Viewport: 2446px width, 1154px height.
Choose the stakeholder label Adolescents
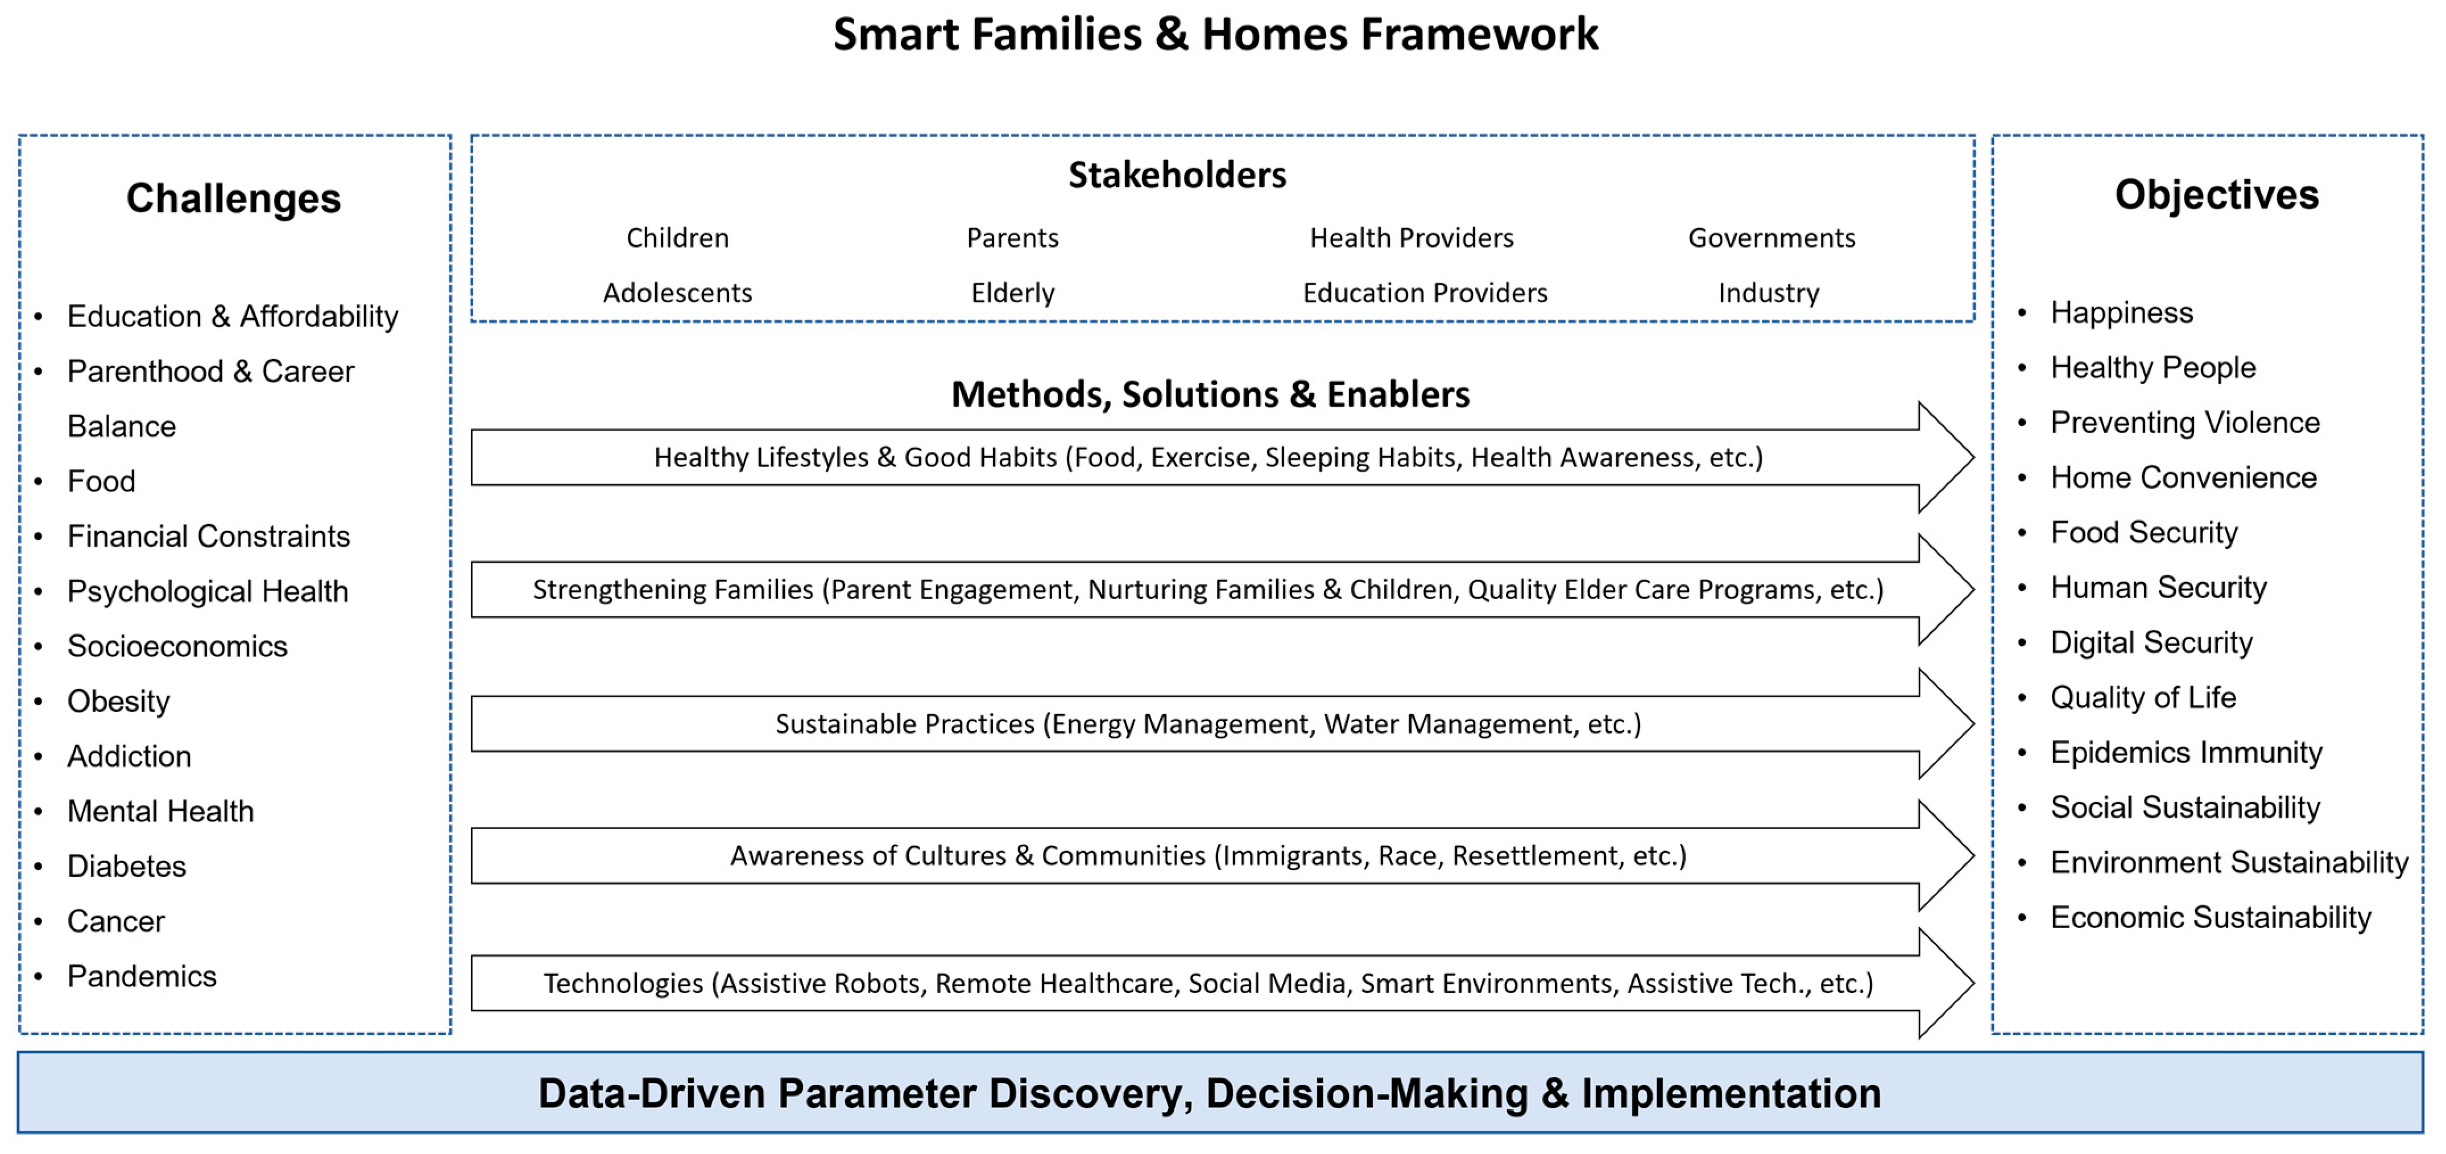click(677, 292)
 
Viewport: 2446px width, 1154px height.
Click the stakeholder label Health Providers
click(1411, 237)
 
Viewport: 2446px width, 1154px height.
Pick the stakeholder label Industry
click(1768, 292)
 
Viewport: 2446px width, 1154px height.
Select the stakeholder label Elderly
click(1012, 292)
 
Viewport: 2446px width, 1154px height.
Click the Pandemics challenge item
click(142, 976)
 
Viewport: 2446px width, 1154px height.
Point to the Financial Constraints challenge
click(208, 537)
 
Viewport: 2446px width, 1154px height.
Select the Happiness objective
click(2121, 312)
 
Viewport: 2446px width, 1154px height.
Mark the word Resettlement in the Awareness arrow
click(1533, 856)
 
